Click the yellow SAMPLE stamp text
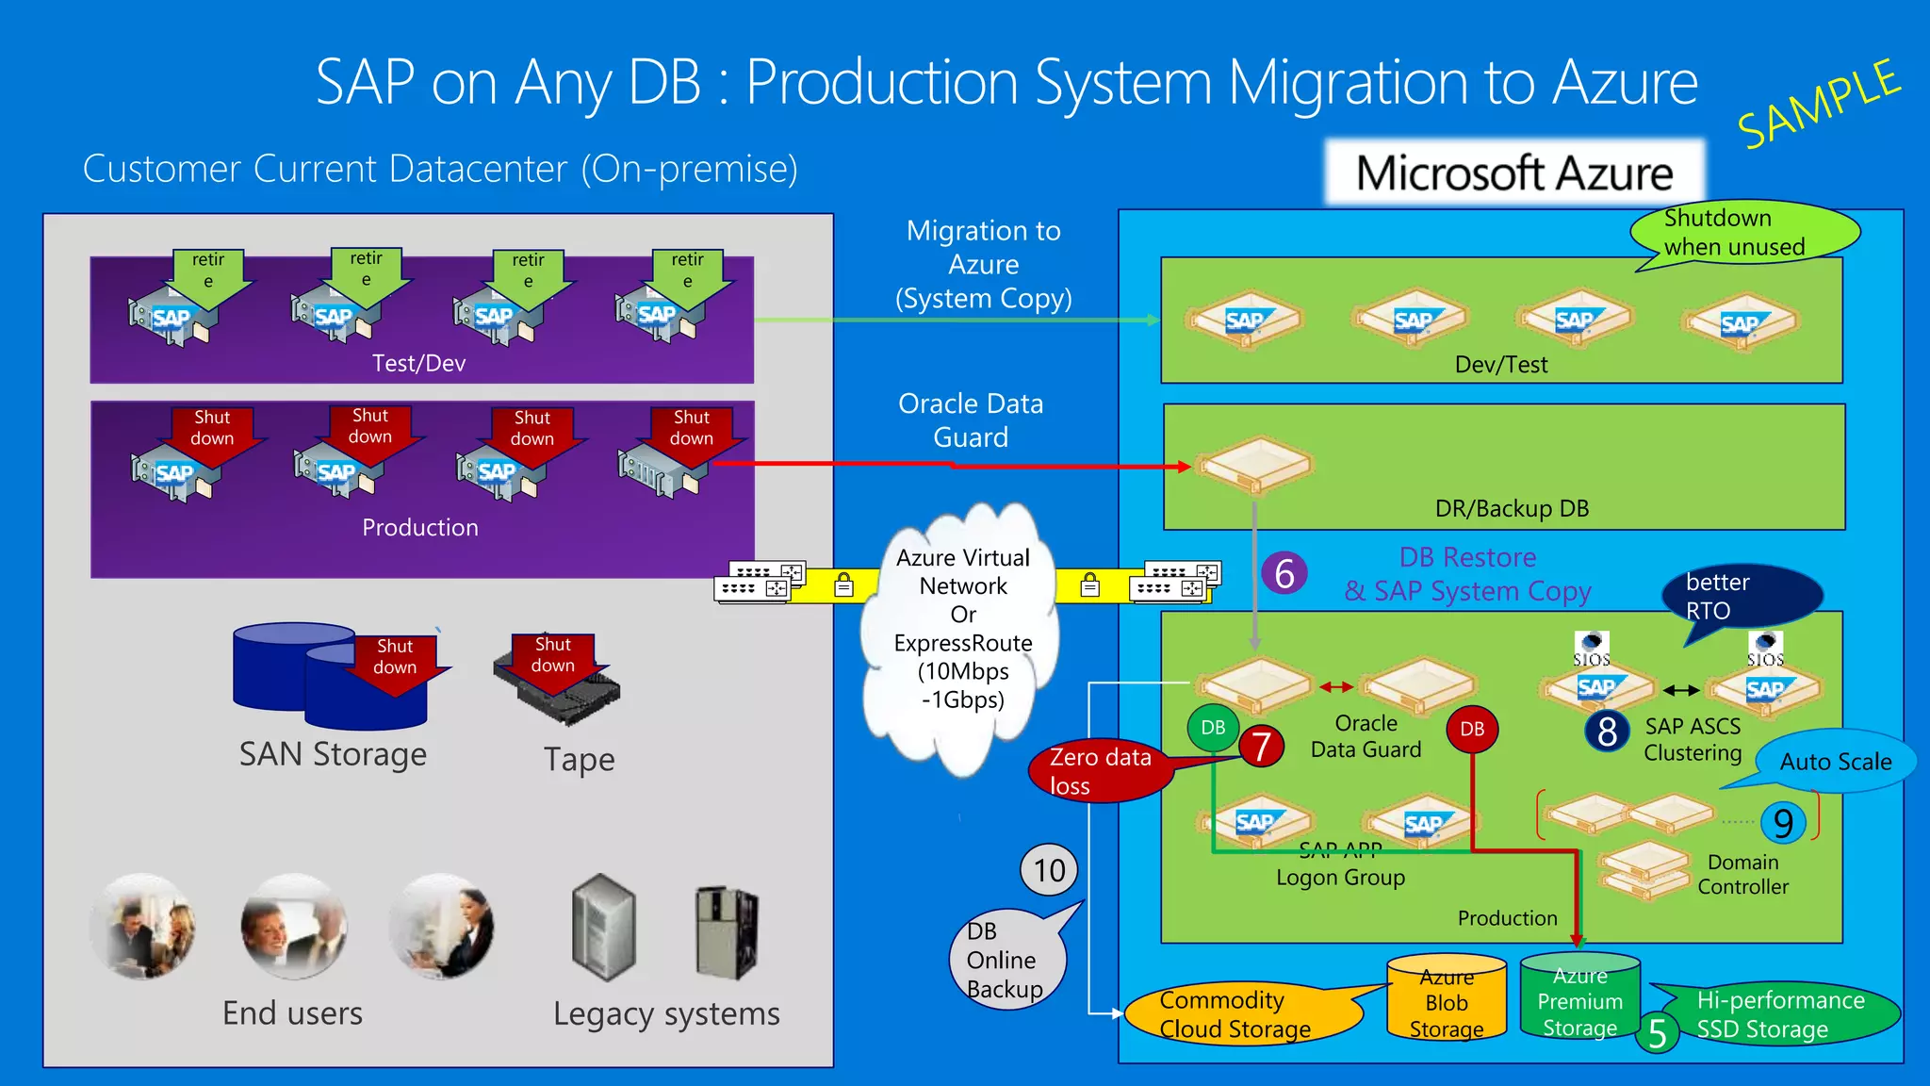coord(1818,104)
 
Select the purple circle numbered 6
coord(1284,573)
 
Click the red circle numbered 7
coord(1262,747)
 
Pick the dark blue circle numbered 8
coord(1607,731)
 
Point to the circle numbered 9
coord(1782,823)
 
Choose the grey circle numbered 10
coord(1049,869)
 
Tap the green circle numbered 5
coord(1658,1033)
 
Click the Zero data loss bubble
coord(1100,771)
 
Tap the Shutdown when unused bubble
coord(1743,232)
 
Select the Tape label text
coord(579,760)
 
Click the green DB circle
coord(1213,728)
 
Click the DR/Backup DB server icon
coord(1252,464)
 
